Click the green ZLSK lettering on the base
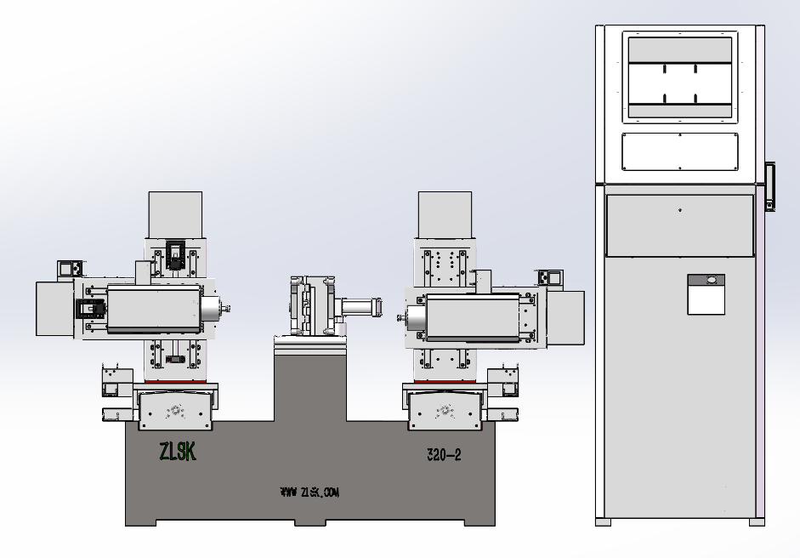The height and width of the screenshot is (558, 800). click(178, 452)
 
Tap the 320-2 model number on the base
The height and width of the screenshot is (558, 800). click(444, 455)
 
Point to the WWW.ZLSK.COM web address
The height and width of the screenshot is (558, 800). click(309, 493)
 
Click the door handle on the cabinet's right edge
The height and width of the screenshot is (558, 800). click(770, 186)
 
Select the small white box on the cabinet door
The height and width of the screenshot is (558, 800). click(706, 294)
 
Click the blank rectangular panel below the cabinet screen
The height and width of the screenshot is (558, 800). click(679, 151)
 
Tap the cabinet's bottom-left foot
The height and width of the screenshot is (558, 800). click(603, 522)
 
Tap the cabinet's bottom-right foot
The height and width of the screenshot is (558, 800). click(757, 522)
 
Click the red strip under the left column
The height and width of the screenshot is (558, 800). click(175, 381)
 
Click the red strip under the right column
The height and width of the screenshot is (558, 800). click(445, 381)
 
